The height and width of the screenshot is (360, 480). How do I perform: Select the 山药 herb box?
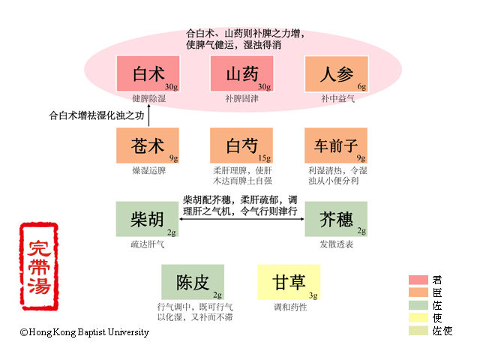click(241, 74)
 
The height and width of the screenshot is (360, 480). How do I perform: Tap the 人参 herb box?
click(335, 74)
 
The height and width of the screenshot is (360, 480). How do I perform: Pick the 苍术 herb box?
click(148, 145)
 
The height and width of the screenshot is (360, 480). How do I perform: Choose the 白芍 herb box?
click(241, 145)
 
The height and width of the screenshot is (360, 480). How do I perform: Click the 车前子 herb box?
click(335, 145)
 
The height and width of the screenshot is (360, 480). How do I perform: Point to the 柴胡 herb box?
click(148, 218)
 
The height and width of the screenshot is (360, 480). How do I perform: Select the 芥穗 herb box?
click(335, 218)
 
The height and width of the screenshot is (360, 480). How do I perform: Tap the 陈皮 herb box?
click(193, 282)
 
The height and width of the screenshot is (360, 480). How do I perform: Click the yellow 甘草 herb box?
click(289, 282)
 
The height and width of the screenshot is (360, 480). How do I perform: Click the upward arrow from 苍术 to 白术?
click(148, 116)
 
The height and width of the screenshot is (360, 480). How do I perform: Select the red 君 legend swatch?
click(418, 280)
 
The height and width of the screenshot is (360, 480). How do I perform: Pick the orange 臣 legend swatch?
click(418, 292)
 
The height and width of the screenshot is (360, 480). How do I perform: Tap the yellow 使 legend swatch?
click(418, 318)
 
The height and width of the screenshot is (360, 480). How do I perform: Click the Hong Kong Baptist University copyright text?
click(84, 332)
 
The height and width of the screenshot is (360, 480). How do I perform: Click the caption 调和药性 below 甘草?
click(289, 307)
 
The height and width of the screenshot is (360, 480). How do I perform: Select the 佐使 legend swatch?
click(418, 331)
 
